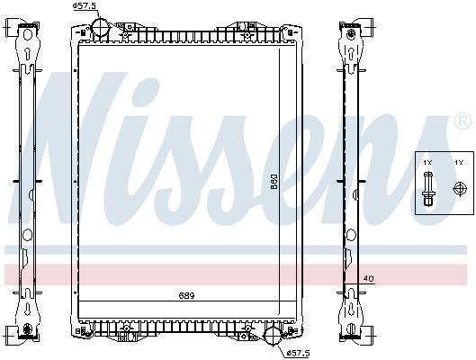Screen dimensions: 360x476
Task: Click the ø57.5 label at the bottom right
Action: (298, 351)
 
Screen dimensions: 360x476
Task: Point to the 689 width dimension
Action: (185, 295)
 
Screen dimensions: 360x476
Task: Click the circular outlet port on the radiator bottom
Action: (274, 339)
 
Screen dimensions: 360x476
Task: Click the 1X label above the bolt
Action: (428, 162)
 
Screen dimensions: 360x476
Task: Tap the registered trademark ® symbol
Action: (461, 120)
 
